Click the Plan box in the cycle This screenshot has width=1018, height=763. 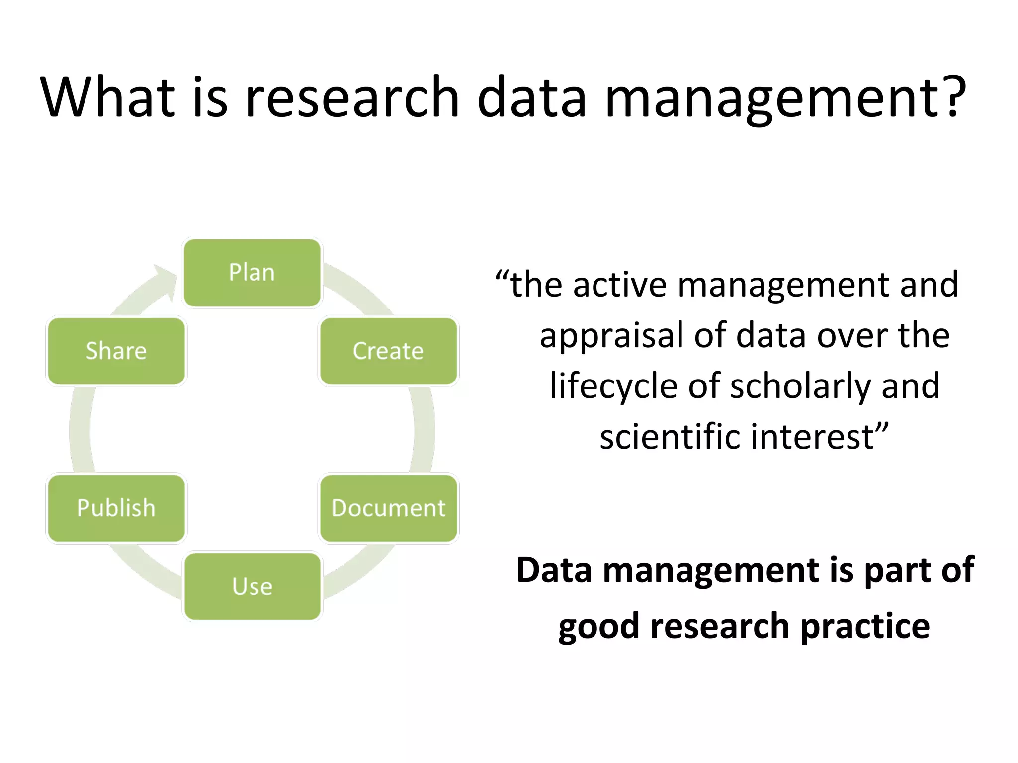252,273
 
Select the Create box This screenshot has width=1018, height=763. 388,351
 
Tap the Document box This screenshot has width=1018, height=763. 388,508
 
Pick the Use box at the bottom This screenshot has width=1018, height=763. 252,587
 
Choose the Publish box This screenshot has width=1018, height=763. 116,508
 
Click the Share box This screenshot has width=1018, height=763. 116,351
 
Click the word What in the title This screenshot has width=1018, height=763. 107,97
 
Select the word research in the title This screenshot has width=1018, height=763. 352,97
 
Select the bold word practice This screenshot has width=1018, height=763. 865,627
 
